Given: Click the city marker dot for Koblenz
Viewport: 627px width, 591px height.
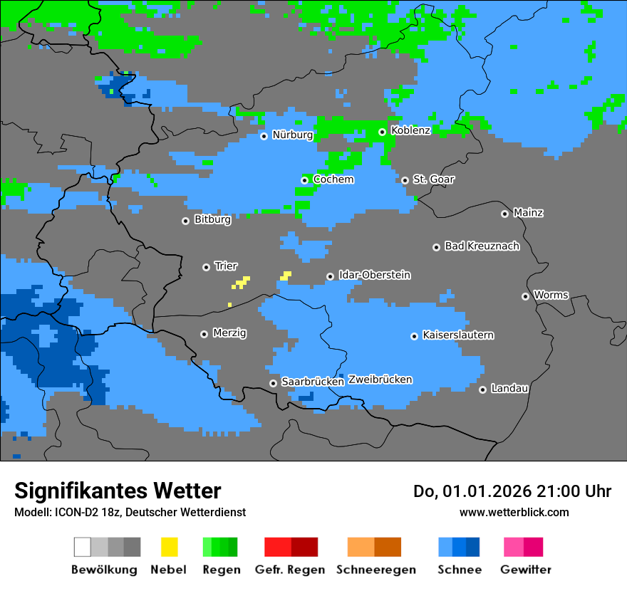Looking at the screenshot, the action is (x=383, y=132).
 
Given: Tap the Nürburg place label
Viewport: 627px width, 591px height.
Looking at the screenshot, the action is (x=292, y=135).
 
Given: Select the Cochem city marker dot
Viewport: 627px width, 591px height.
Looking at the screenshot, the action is (x=305, y=180).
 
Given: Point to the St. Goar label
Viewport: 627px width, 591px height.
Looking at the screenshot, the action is (x=433, y=179).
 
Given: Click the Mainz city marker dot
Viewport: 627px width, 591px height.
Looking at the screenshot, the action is (x=505, y=214).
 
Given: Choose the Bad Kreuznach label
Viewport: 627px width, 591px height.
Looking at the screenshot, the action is (x=482, y=246).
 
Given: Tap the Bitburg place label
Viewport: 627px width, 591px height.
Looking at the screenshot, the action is (x=212, y=220).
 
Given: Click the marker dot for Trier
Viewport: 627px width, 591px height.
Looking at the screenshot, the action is (x=207, y=267).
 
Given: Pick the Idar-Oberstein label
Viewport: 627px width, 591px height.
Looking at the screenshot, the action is (x=374, y=275).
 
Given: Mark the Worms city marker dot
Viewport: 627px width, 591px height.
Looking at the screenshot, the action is (x=526, y=296).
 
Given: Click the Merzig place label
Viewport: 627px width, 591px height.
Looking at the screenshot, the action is (x=229, y=333).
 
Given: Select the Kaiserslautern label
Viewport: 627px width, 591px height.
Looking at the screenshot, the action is (x=457, y=335).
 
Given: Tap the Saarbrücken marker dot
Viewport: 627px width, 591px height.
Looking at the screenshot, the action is (x=273, y=383).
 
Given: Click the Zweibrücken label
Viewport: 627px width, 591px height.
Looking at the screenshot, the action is (x=380, y=380).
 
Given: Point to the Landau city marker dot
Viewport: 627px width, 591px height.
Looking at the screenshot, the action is (x=483, y=389).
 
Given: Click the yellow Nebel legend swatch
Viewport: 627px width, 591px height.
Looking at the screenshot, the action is (x=169, y=547).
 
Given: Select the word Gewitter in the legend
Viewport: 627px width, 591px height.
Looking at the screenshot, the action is (x=525, y=570).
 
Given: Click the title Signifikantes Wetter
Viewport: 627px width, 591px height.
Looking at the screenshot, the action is (x=118, y=491).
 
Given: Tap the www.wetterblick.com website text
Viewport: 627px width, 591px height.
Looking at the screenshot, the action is (x=514, y=512).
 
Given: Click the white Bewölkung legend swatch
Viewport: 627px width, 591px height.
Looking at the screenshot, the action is (x=83, y=547).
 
